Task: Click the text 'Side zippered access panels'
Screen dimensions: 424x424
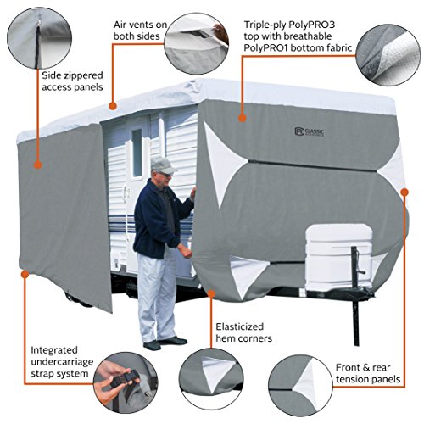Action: click(72, 81)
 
